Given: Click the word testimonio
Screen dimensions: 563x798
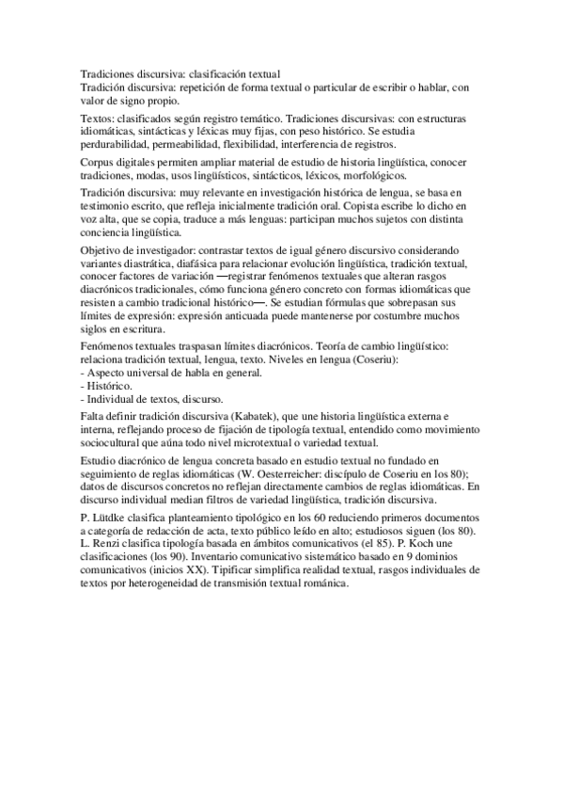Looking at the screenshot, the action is (x=109, y=204).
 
